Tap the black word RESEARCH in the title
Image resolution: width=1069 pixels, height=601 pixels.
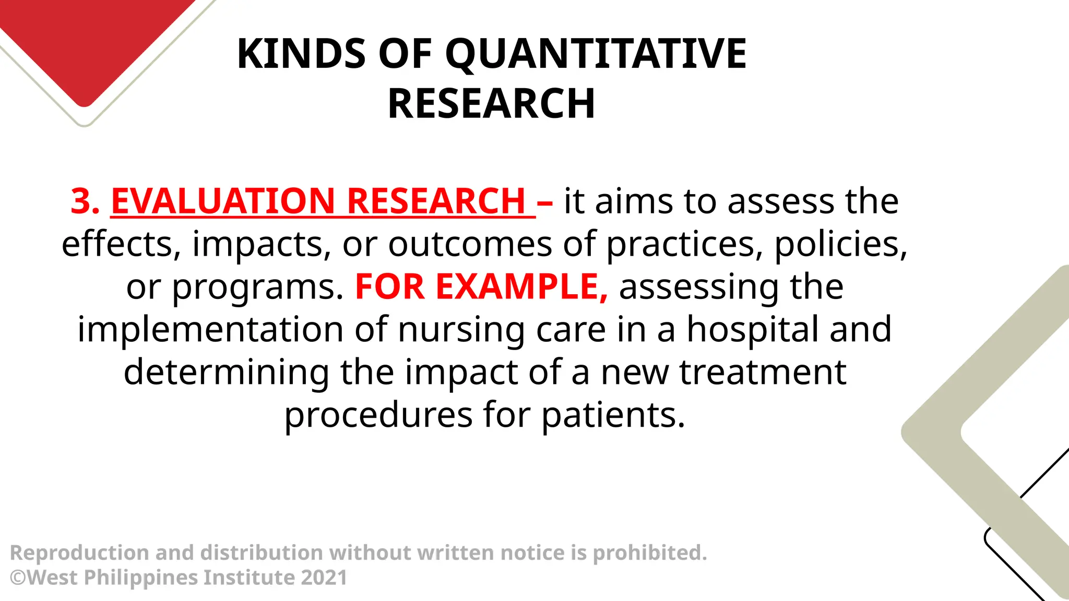[491, 104]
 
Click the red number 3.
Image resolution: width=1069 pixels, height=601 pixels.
[85, 201]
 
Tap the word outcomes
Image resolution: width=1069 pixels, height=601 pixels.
[470, 244]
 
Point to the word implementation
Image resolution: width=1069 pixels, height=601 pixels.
[210, 330]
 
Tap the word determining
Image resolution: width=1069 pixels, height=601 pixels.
[226, 372]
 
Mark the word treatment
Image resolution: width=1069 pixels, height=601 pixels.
[763, 372]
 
